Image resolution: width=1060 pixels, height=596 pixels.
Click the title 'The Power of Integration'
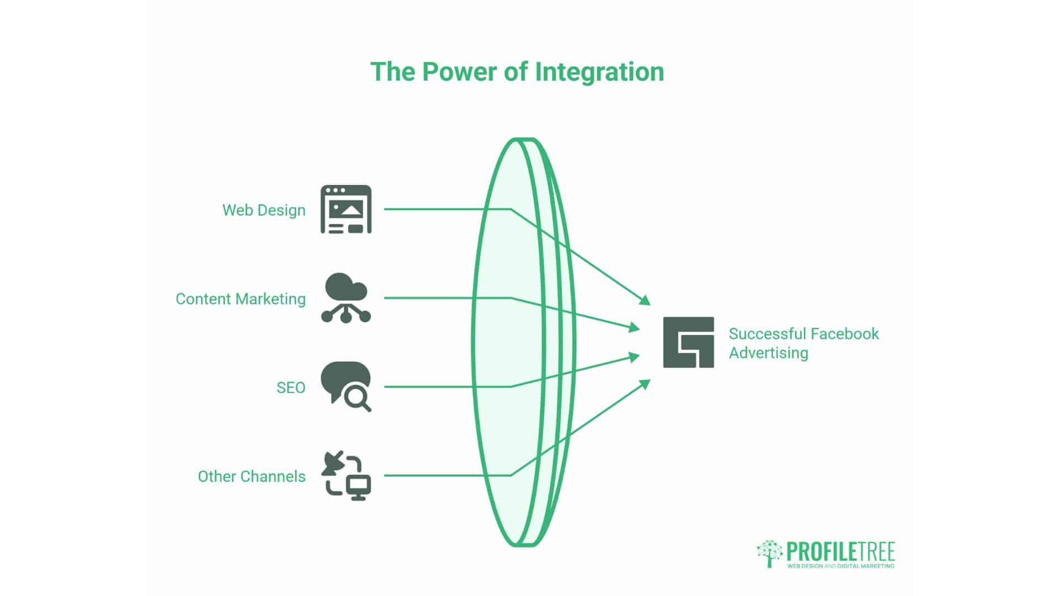coord(517,72)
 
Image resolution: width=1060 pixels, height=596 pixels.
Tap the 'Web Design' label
coord(264,210)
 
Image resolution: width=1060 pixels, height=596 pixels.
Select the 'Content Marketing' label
coord(241,299)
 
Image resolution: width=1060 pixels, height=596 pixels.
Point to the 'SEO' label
coord(291,387)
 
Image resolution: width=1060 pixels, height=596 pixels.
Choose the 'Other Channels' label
coord(252,476)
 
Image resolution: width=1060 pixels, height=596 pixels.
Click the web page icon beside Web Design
coord(346,209)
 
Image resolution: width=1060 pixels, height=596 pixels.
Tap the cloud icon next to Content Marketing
coord(346,298)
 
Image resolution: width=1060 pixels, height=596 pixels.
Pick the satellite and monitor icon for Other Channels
coord(346,476)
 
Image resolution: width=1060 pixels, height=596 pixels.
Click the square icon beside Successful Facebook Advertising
coord(688,342)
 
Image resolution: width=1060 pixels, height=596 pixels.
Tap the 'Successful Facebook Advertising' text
coord(804,343)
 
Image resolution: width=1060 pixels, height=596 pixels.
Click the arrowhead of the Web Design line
coord(645,300)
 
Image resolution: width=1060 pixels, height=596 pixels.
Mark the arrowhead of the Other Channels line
coord(645,385)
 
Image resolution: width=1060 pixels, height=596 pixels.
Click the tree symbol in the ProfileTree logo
coord(770,554)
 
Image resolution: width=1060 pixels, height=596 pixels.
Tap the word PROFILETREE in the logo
coord(840,551)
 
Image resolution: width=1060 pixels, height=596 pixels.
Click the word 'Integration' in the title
coord(600,72)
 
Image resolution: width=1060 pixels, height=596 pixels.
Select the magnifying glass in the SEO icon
coord(357,397)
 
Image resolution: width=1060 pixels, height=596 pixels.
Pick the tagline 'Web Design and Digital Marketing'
coord(841,566)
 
